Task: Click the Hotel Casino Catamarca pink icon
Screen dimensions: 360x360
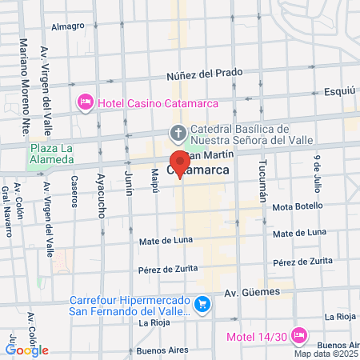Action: [84, 102]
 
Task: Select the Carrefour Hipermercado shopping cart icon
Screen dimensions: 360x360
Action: [202, 304]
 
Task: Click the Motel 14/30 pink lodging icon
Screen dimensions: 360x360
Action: [299, 335]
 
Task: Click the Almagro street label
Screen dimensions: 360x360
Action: [68, 26]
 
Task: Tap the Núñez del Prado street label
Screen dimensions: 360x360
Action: [204, 74]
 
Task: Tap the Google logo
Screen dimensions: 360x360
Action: [27, 350]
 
